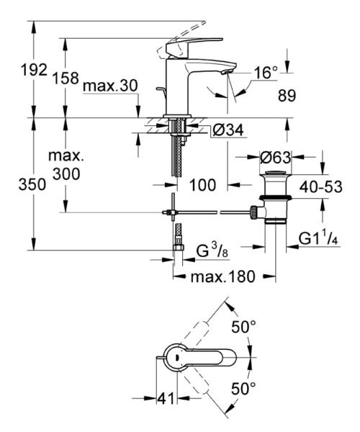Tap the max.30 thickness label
click(x=109, y=86)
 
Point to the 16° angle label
click(x=265, y=72)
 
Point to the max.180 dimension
click(x=224, y=277)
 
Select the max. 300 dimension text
click(x=66, y=165)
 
